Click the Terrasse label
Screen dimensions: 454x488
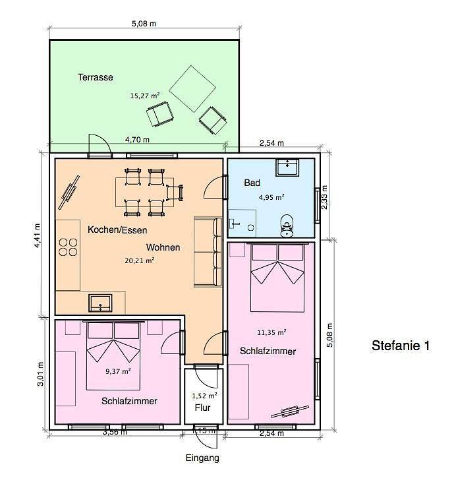[x=95, y=77]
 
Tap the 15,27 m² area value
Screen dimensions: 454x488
[x=144, y=95]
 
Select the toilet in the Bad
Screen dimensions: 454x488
[x=287, y=226]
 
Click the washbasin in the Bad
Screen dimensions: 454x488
[x=287, y=168]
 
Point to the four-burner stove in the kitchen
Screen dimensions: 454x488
[x=68, y=247]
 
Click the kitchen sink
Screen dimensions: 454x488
[x=100, y=303]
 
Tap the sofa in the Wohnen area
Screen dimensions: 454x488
[x=208, y=252]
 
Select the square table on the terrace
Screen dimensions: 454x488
[x=192, y=89]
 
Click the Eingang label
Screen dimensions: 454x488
[x=202, y=458]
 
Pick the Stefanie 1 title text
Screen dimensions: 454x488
[x=401, y=346]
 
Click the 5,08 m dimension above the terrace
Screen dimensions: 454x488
[x=144, y=23]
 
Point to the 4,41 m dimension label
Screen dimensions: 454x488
[x=37, y=235]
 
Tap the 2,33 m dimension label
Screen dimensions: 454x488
[x=324, y=197]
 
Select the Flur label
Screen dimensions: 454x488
[x=202, y=408]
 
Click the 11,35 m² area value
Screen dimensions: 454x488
[x=271, y=332]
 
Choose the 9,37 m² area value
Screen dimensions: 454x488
[x=118, y=371]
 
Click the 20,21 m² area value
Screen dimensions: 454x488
[x=140, y=260]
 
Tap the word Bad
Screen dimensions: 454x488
[x=252, y=183]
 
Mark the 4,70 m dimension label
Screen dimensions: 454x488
[x=137, y=140]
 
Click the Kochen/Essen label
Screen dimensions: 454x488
[x=117, y=230]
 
